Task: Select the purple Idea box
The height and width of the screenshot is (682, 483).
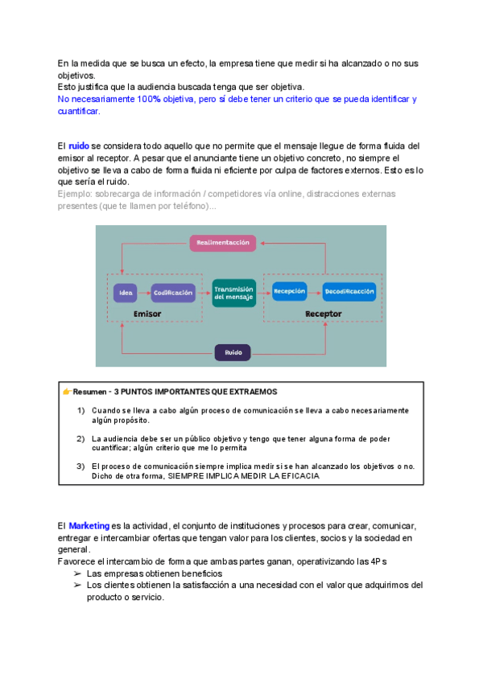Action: (x=126, y=293)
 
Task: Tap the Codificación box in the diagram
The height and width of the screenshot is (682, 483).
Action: (x=173, y=293)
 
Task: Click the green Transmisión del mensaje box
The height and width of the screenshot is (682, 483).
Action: (x=234, y=293)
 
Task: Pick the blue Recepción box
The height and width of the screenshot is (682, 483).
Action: (x=289, y=291)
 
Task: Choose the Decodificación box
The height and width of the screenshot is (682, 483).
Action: (x=349, y=291)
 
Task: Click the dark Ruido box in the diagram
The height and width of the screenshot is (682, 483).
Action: (x=233, y=351)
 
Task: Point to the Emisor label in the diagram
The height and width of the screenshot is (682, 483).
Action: (x=147, y=314)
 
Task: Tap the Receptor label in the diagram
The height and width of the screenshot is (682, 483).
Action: (x=323, y=314)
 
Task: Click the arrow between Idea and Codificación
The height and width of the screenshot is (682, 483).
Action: (x=144, y=293)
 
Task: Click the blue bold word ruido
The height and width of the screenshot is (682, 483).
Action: (x=79, y=146)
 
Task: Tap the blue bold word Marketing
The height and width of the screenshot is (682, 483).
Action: (x=89, y=525)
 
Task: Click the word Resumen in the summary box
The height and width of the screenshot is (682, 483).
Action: (x=89, y=392)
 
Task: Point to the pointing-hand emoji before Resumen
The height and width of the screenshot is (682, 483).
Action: (x=68, y=392)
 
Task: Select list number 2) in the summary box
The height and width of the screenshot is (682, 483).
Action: (x=80, y=438)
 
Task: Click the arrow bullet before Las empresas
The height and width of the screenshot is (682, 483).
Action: (x=77, y=573)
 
